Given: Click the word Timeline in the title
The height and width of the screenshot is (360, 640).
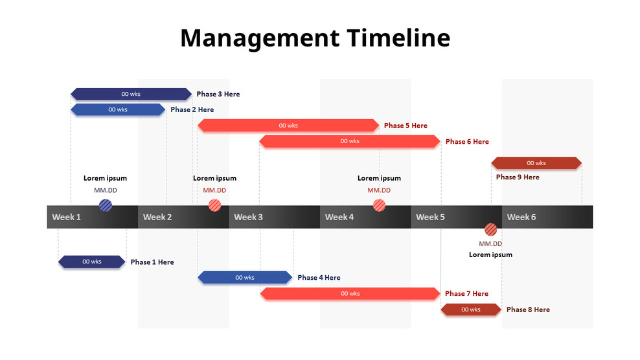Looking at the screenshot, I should pyautogui.click(x=398, y=38).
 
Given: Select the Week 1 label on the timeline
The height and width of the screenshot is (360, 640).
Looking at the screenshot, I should pyautogui.click(x=66, y=217).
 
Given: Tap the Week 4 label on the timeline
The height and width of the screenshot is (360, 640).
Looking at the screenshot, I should pyautogui.click(x=339, y=217).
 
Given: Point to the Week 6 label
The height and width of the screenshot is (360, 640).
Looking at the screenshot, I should pyautogui.click(x=521, y=217).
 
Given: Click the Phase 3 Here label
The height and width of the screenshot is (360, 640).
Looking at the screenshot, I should pyautogui.click(x=218, y=94).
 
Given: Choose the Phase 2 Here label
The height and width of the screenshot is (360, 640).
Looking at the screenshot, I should pyautogui.click(x=192, y=109).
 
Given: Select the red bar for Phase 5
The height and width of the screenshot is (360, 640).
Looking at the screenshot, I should pyautogui.click(x=288, y=126).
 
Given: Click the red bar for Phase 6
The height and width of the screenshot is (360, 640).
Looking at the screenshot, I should pyautogui.click(x=350, y=141).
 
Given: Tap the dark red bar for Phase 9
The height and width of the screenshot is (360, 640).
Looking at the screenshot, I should pyautogui.click(x=536, y=163).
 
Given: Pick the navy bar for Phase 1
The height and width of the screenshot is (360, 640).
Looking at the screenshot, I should pyautogui.click(x=91, y=262).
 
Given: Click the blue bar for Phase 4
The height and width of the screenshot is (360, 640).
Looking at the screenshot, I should pyautogui.click(x=244, y=278).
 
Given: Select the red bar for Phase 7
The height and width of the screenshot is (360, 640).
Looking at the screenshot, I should pyautogui.click(x=350, y=293).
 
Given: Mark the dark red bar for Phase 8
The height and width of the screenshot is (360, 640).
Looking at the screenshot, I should pyautogui.click(x=470, y=309).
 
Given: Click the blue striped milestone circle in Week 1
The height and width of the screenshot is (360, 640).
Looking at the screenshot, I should pyautogui.click(x=106, y=205).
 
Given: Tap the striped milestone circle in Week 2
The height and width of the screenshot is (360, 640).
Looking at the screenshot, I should pyautogui.click(x=214, y=205).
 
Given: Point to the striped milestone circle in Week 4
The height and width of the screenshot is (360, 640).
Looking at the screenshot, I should pyautogui.click(x=379, y=205).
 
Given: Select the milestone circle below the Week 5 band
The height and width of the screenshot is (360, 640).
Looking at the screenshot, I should pyautogui.click(x=491, y=229).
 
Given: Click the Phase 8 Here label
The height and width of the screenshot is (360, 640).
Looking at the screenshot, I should pyautogui.click(x=528, y=309).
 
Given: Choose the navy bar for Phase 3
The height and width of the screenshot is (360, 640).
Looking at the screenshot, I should pyautogui.click(x=131, y=94).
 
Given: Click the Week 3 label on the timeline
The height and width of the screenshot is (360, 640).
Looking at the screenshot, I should pyautogui.click(x=248, y=217).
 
